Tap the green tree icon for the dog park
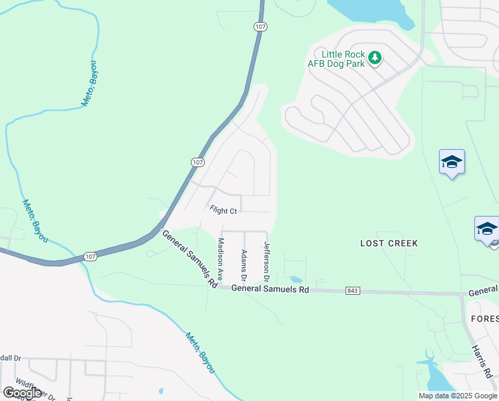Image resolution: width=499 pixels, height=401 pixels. [x=375, y=58]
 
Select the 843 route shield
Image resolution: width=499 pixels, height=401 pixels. [x=354, y=291]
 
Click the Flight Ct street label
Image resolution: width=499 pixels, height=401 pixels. [x=223, y=211]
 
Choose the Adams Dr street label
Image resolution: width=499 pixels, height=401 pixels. [x=244, y=265]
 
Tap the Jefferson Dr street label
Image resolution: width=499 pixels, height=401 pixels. [x=267, y=261]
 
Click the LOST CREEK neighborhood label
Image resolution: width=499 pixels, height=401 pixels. [x=389, y=243]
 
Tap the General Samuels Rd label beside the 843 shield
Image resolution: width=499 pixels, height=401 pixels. [x=270, y=290]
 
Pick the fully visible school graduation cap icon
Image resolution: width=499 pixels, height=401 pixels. [x=452, y=162]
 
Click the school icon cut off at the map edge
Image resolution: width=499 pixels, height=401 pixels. [x=488, y=229]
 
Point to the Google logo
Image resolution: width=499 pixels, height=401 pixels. [x=23, y=393]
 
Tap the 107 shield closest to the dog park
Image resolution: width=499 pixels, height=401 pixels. [x=260, y=26]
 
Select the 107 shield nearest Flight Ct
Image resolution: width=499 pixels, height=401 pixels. [x=197, y=162]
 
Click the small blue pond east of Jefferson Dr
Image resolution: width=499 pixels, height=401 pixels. [x=295, y=279]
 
